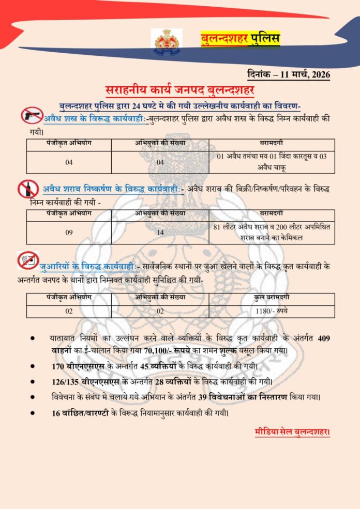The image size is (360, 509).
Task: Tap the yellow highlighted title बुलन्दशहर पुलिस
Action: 240,38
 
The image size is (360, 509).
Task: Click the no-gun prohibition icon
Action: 32,115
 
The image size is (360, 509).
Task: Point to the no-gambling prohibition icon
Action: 27,260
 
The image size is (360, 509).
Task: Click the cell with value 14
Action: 160,233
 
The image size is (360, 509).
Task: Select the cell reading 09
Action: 69,233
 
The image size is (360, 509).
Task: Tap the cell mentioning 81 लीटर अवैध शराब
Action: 272,232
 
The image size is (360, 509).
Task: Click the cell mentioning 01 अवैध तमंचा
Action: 272,161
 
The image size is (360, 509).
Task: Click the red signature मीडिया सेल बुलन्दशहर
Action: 292,431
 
